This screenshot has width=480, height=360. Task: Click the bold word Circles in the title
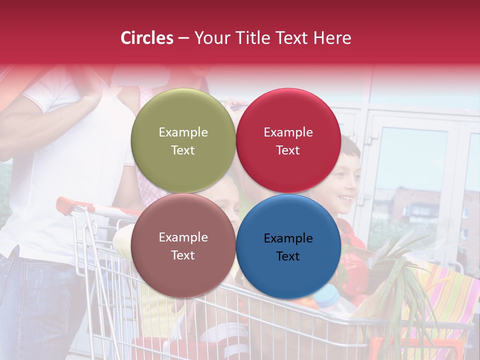click(x=147, y=38)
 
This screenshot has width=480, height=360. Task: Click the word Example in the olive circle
click(x=183, y=132)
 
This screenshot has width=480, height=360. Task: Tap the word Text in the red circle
click(x=288, y=150)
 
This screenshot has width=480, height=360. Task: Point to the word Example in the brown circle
click(x=183, y=237)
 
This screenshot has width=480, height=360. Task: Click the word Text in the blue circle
click(x=288, y=256)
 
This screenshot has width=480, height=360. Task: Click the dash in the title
click(x=183, y=38)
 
